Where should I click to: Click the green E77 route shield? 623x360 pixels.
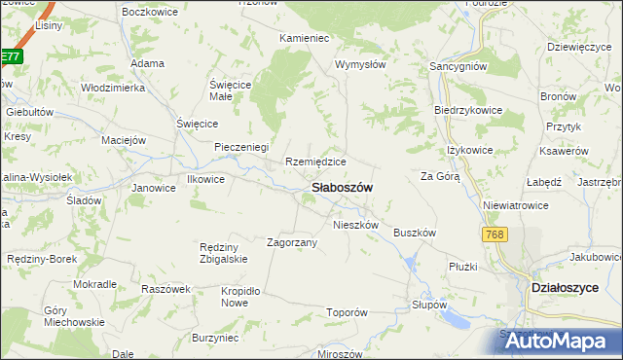10,57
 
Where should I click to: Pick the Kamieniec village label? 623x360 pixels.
305,37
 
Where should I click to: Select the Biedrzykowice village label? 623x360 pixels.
468,110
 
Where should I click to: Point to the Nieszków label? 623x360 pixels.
355,224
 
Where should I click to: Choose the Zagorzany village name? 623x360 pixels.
292,242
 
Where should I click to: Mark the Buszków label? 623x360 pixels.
413,233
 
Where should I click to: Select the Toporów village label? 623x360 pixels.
347,313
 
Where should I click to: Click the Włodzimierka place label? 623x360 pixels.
113,88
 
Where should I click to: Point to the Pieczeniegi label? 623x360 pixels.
241,147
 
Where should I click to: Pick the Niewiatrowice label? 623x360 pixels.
515,206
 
